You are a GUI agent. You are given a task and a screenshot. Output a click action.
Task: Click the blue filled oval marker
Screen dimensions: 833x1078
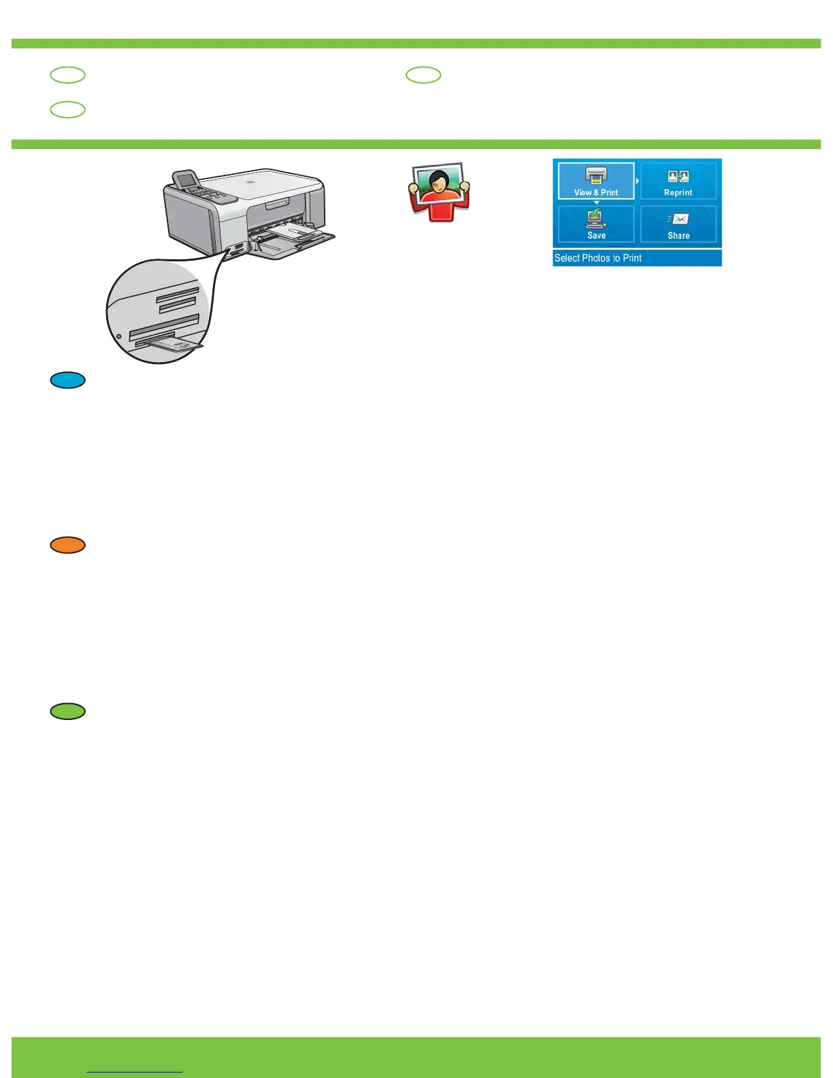(x=67, y=380)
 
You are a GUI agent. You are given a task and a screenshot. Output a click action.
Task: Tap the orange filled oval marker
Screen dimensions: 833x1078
(x=67, y=545)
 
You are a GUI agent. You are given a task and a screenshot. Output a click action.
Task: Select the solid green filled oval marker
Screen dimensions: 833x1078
(x=67, y=711)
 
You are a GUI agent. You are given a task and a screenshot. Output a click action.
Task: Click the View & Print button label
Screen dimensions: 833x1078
(x=596, y=193)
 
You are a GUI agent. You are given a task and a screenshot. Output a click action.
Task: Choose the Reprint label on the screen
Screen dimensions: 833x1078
(x=678, y=193)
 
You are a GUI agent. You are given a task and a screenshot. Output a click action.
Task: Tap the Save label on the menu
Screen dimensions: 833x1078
(x=596, y=235)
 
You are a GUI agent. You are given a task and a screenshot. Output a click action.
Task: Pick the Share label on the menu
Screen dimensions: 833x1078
(x=679, y=235)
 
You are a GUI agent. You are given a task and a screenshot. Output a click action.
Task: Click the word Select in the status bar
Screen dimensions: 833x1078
(x=567, y=258)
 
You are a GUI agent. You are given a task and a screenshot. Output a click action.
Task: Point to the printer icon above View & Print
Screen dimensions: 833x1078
(x=596, y=176)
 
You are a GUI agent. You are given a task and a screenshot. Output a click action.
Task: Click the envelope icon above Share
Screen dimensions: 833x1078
(x=679, y=219)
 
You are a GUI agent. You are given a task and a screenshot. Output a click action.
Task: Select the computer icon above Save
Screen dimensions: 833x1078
(x=596, y=218)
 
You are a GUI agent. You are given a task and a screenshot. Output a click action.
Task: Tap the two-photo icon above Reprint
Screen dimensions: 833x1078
(x=678, y=176)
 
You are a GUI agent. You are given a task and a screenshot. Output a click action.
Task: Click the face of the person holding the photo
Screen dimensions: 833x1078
(x=438, y=182)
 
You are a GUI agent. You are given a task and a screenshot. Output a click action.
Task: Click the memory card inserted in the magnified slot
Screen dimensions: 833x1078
(x=176, y=346)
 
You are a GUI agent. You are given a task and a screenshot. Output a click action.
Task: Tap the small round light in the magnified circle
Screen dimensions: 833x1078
(x=119, y=336)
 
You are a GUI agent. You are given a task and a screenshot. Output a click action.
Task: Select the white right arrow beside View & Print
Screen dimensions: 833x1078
(x=638, y=181)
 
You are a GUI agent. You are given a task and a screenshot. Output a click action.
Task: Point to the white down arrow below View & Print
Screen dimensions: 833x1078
(x=596, y=203)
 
